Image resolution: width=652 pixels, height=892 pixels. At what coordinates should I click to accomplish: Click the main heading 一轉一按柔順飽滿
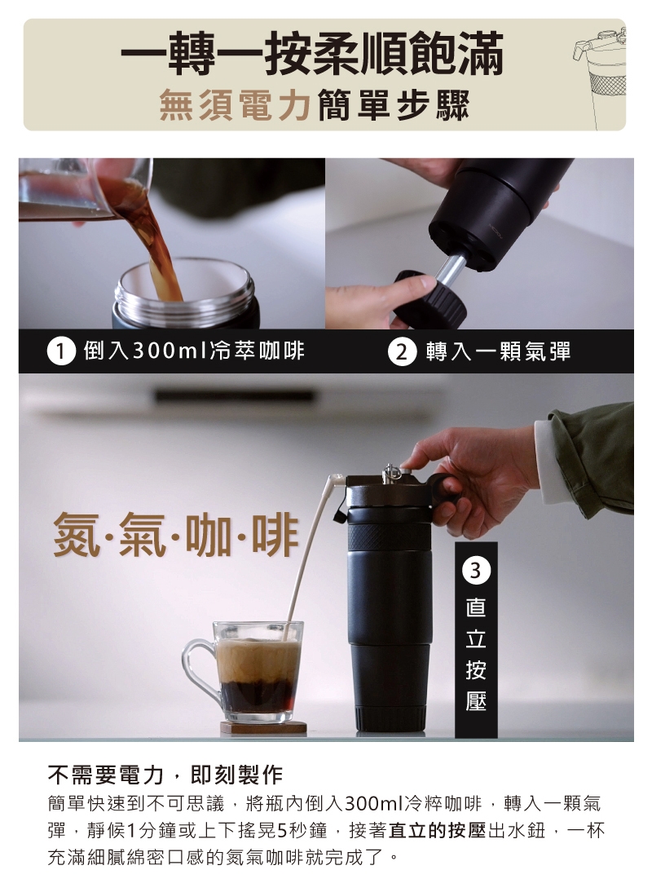[x=312, y=54]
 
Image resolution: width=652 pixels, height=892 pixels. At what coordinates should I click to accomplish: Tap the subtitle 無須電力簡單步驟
[x=315, y=105]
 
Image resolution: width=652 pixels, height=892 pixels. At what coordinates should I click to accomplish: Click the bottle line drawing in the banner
[x=600, y=77]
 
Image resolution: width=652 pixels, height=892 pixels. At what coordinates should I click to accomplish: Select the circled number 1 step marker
[x=61, y=351]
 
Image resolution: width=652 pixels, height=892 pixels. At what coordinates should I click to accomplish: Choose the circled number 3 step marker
[x=476, y=571]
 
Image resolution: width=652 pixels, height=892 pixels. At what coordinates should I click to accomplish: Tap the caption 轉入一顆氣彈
[x=498, y=351]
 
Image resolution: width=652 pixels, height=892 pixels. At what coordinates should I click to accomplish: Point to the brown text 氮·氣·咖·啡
[x=176, y=535]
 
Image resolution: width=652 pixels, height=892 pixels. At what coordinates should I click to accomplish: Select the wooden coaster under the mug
[x=263, y=727]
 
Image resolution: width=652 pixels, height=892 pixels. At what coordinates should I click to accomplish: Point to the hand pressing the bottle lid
[x=472, y=476]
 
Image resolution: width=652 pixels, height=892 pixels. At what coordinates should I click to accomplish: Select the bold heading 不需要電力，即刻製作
[x=165, y=775]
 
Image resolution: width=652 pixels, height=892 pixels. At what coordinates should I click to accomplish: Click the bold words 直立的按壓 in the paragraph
[x=437, y=831]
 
